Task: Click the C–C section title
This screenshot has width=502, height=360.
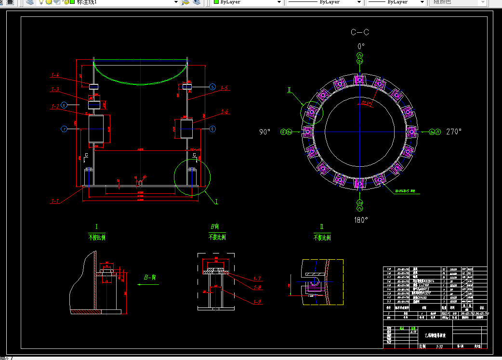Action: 360,32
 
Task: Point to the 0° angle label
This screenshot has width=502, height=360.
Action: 360,46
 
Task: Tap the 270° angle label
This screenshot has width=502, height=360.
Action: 454,131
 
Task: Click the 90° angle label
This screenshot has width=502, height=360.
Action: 265,132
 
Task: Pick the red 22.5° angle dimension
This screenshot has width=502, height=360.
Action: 368,103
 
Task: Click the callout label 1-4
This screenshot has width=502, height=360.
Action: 55,75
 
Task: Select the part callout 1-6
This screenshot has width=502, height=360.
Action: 225,112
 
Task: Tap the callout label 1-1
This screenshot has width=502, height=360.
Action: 55,201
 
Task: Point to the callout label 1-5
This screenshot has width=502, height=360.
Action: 225,88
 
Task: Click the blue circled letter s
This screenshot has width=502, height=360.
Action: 212,87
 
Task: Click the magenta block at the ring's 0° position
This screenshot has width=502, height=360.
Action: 359,80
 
